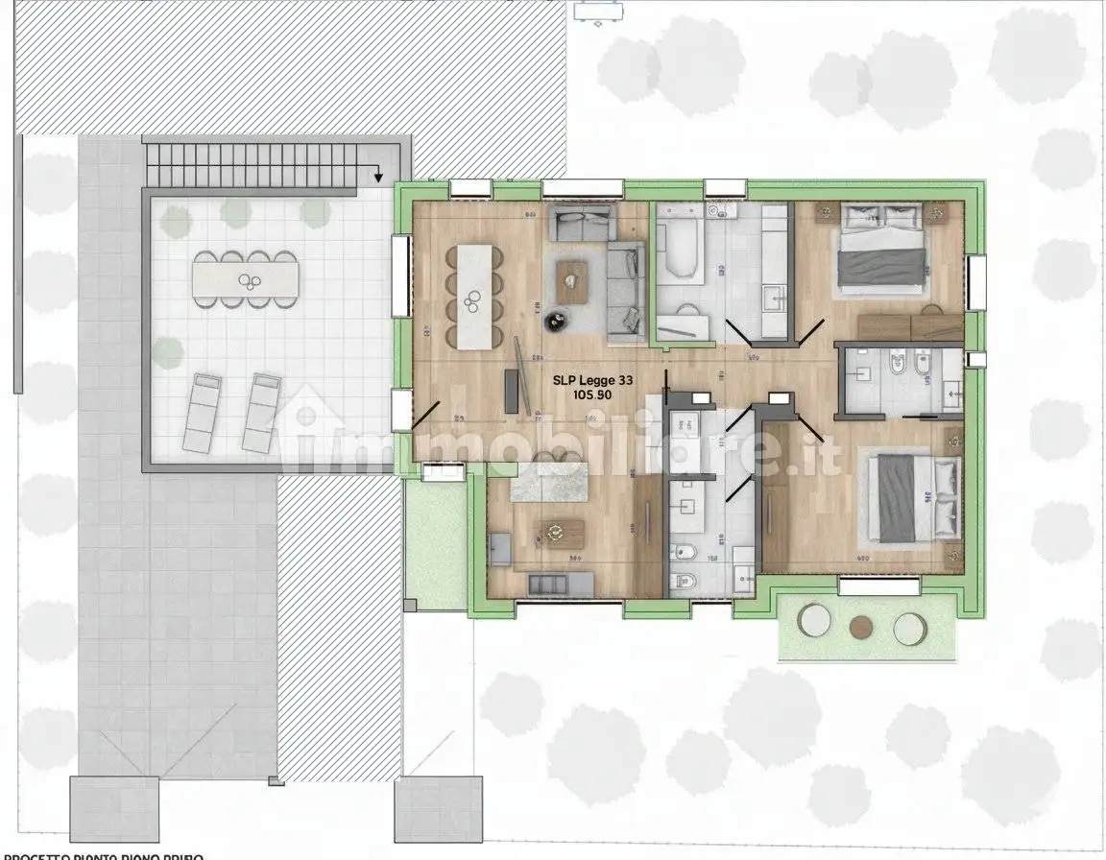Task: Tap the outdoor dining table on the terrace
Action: tap(245, 279)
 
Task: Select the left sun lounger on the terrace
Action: tap(202, 413)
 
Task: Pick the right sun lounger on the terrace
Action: tap(261, 413)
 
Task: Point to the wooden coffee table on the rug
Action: tap(573, 281)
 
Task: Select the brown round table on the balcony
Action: tap(860, 626)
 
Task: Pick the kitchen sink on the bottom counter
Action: tap(548, 584)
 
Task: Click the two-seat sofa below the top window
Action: tap(582, 225)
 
